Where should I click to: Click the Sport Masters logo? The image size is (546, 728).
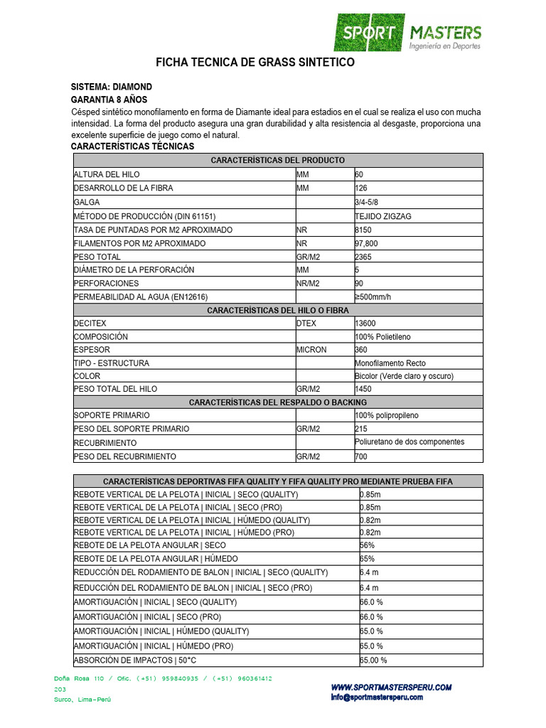click(408, 33)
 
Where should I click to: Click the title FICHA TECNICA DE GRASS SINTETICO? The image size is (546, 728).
click(255, 63)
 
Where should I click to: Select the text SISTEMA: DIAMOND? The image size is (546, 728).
click(112, 87)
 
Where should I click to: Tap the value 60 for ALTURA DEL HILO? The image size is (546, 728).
click(359, 174)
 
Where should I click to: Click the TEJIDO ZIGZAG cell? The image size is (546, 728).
click(382, 216)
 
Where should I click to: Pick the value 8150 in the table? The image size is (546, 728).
click(363, 230)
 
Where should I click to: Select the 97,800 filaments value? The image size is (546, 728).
click(365, 243)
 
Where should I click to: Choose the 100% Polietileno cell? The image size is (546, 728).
click(382, 336)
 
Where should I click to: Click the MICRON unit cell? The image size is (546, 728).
click(311, 350)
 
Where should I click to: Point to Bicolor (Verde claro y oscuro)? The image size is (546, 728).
click(404, 376)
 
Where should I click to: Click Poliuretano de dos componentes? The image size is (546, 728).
click(409, 441)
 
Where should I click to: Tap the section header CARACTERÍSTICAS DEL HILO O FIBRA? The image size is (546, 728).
click(278, 310)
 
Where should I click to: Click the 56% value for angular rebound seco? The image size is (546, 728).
click(368, 545)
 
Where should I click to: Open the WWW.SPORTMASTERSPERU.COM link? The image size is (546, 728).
click(391, 687)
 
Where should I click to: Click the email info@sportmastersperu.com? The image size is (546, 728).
click(376, 697)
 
